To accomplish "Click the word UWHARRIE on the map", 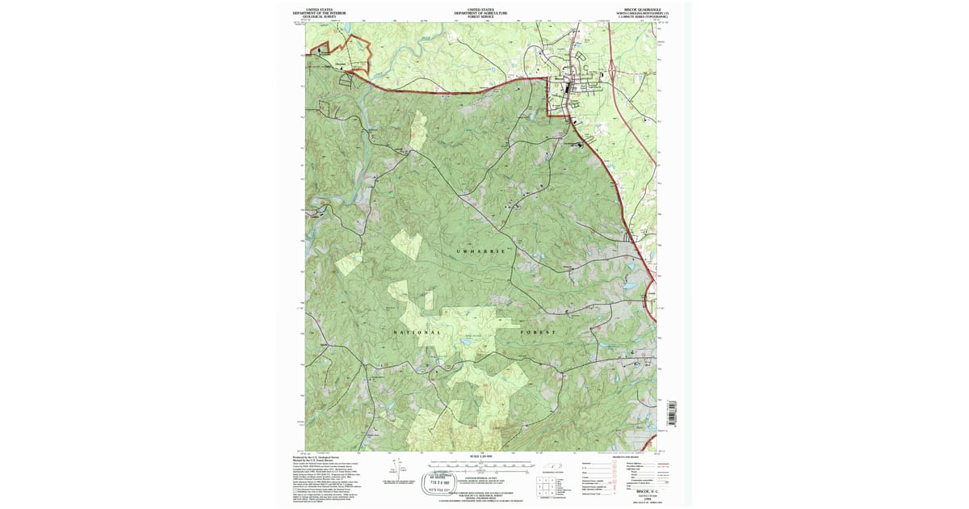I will click(480, 252).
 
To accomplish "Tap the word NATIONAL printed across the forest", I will click(417, 333).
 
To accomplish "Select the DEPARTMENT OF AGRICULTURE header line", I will click(480, 14).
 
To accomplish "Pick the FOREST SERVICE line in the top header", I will click(480, 18).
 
